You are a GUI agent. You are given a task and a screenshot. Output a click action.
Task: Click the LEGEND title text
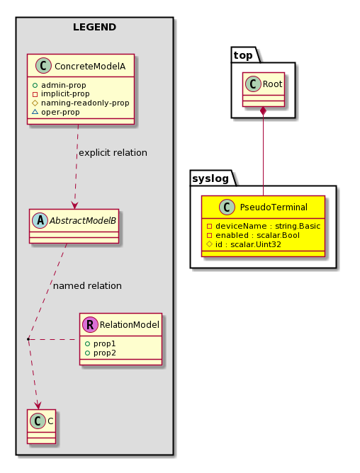[x=94, y=27]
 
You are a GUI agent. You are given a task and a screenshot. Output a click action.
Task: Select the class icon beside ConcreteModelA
[x=43, y=66]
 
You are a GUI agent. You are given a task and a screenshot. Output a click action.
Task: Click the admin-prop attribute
[x=60, y=85]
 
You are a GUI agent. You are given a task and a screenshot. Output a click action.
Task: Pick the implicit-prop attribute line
[x=61, y=93]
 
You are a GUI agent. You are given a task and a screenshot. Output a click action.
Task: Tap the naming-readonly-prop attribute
[x=81, y=103]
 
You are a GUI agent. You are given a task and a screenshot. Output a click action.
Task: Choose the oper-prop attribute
[x=56, y=112]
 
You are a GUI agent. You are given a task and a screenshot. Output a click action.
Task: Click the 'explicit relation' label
[x=113, y=153]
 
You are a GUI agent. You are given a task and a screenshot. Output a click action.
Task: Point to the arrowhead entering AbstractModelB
[x=74, y=205]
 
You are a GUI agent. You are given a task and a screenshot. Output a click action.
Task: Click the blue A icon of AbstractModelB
[x=40, y=220]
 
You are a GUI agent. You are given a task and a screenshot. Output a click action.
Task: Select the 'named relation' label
[x=87, y=285]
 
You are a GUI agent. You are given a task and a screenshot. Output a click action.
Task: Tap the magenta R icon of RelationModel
[x=90, y=324]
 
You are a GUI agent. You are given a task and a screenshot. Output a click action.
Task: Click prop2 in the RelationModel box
[x=101, y=353]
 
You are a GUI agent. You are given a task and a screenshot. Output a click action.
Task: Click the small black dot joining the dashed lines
[x=28, y=339]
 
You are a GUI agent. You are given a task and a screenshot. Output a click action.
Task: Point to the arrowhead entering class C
[x=38, y=406]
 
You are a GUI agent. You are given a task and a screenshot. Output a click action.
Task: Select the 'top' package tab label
[x=243, y=55]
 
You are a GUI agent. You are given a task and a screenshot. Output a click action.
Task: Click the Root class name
[x=272, y=84]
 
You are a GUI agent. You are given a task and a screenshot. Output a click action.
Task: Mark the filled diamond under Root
[x=264, y=110]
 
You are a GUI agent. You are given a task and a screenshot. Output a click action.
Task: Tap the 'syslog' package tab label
[x=210, y=178]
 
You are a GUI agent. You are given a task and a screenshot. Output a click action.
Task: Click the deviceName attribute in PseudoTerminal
[x=264, y=226]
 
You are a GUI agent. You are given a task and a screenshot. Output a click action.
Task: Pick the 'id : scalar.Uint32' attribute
[x=244, y=244]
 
